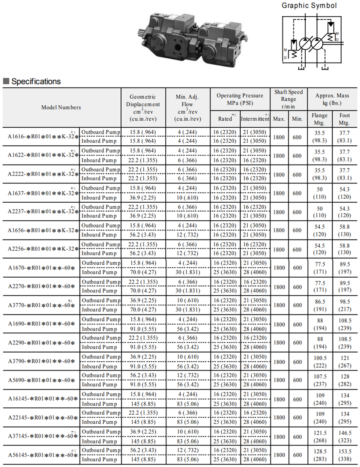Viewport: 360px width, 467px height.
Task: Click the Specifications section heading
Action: [36, 81]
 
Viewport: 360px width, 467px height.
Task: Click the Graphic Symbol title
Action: [309, 6]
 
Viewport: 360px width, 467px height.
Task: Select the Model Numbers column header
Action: [61, 108]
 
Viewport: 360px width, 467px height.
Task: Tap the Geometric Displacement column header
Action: [143, 108]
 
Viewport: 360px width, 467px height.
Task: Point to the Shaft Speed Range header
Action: [289, 99]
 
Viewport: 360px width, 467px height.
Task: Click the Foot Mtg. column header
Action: [344, 119]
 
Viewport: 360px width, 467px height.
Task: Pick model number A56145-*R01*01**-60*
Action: [43, 455]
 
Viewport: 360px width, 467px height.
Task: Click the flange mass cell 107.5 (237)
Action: [320, 380]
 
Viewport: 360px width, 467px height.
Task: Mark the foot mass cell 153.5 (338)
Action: [344, 455]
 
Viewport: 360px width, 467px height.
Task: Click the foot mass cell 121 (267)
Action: [344, 361]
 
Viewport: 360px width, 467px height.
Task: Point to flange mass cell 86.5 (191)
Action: [320, 305]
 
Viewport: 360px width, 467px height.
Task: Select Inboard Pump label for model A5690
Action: [99, 385]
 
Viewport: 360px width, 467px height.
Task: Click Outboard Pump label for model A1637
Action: [101, 189]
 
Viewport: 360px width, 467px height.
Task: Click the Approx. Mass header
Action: [332, 99]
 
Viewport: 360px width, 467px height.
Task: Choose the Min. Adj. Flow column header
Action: [187, 108]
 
